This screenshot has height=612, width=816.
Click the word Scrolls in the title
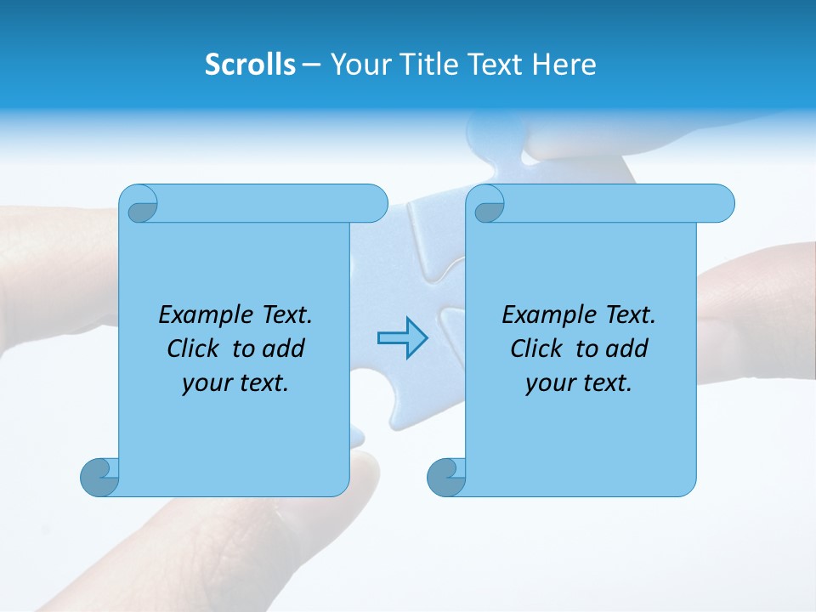click(x=251, y=65)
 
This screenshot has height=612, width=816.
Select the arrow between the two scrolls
click(x=402, y=338)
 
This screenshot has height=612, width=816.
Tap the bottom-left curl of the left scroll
click(x=99, y=476)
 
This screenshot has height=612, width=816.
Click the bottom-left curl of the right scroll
click(x=446, y=476)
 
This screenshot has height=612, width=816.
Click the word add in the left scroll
click(x=285, y=348)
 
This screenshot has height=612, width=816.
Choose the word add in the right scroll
click(x=628, y=348)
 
